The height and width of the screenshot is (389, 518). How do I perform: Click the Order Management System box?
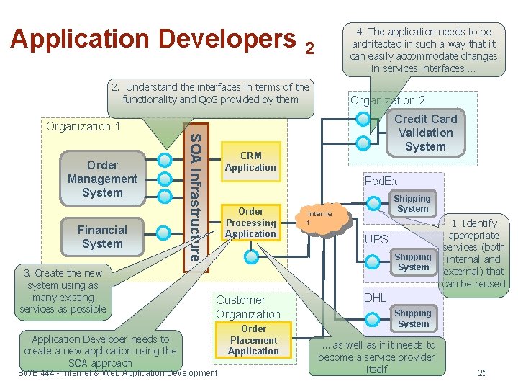point(102,179)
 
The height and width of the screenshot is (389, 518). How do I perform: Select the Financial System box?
point(102,236)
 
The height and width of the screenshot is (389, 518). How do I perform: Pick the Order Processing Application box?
point(250,223)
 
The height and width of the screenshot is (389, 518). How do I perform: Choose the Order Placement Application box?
point(253,340)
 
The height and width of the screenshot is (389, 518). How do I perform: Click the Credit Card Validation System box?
point(425,133)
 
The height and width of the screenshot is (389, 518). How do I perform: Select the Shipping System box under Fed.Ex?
point(412,204)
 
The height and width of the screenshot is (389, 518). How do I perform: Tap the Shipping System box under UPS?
point(413,262)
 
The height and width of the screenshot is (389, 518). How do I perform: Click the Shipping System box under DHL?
point(413,318)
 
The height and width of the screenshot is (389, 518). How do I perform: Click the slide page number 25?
point(481,372)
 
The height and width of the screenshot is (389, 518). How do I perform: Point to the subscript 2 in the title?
point(309,48)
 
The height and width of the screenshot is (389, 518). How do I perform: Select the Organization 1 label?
point(83,126)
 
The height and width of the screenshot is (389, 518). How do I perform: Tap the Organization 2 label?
point(387,100)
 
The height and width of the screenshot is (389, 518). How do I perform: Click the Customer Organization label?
point(248,307)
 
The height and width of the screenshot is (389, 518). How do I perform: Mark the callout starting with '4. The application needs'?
point(423,50)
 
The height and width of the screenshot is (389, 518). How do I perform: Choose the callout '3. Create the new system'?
point(63,291)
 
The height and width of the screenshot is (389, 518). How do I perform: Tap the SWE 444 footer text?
point(117,372)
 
